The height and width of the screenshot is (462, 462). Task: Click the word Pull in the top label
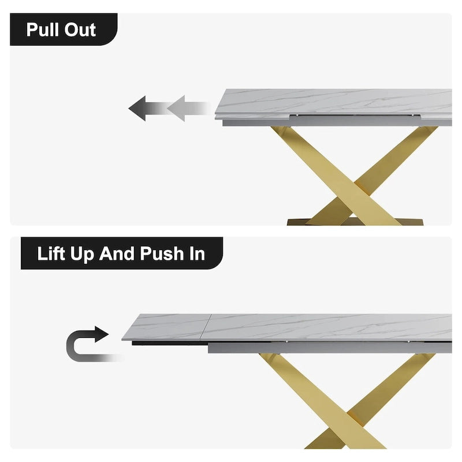click(42, 30)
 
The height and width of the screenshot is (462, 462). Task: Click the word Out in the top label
click(80, 30)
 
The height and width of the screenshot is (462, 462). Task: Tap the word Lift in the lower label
click(51, 254)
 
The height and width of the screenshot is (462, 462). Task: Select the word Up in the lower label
click(82, 255)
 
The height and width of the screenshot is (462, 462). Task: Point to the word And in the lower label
click(117, 254)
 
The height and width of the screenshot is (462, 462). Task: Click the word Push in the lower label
click(162, 254)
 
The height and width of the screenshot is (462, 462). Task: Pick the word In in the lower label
click(197, 254)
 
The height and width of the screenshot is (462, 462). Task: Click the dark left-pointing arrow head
click(137, 108)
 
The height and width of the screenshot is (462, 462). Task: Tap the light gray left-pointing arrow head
click(176, 108)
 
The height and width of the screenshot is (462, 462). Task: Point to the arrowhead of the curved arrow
click(102, 334)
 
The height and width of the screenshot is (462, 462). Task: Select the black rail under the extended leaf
click(170, 343)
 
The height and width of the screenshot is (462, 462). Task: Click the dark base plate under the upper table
click(355, 222)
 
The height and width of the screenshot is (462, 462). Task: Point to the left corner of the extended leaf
click(122, 340)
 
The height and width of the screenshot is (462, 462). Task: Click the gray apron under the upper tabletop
click(337, 121)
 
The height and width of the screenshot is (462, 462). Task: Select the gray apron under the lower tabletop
click(330, 348)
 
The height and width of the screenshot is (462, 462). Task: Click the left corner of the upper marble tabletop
click(215, 114)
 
